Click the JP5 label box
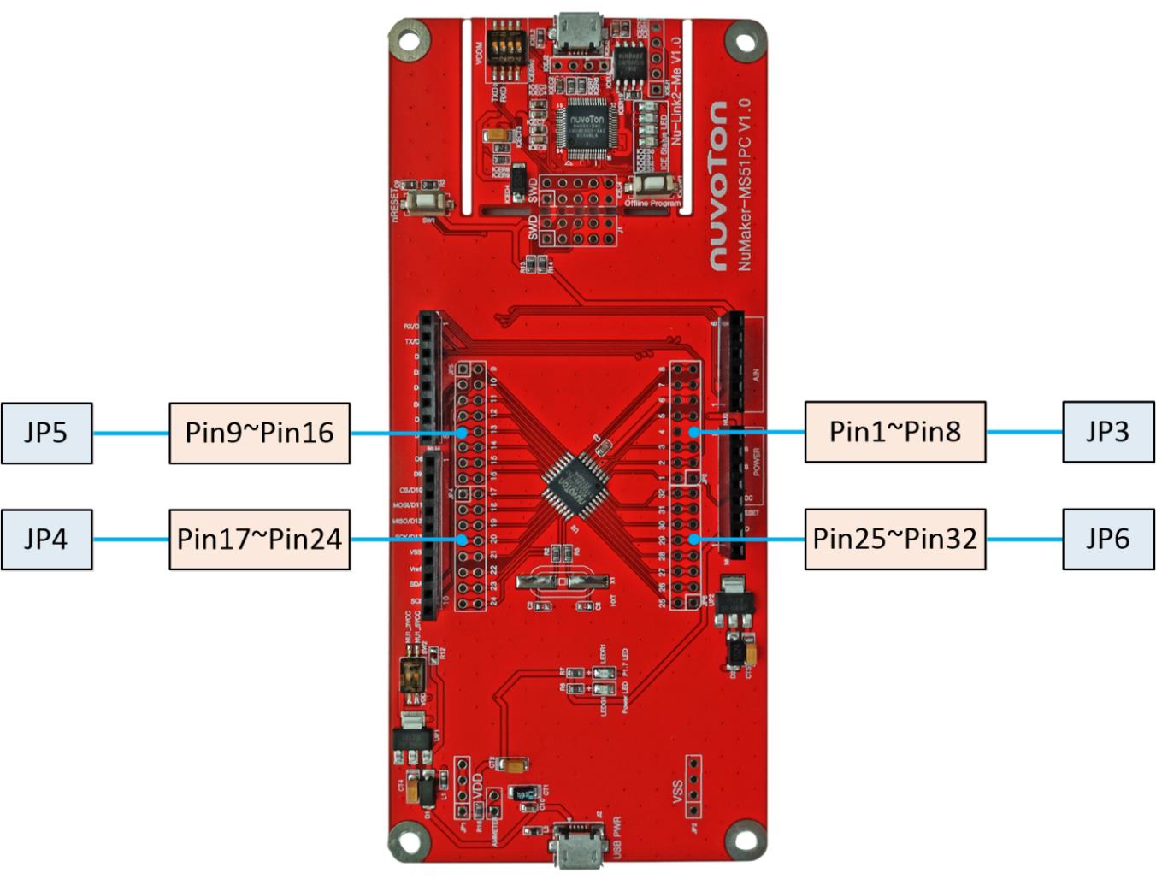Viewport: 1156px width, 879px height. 46,433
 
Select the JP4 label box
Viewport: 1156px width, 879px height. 46,539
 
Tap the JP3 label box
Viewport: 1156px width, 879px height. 1108,432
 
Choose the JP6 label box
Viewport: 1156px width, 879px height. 1108,539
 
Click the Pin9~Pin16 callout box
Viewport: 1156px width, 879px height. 259,433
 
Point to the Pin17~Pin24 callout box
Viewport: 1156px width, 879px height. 259,539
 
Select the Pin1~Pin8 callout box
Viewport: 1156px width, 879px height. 894,432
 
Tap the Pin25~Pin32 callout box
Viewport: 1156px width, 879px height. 894,539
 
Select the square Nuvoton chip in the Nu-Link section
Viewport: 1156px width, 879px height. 587,126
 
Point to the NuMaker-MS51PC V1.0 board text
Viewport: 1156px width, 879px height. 744,184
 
